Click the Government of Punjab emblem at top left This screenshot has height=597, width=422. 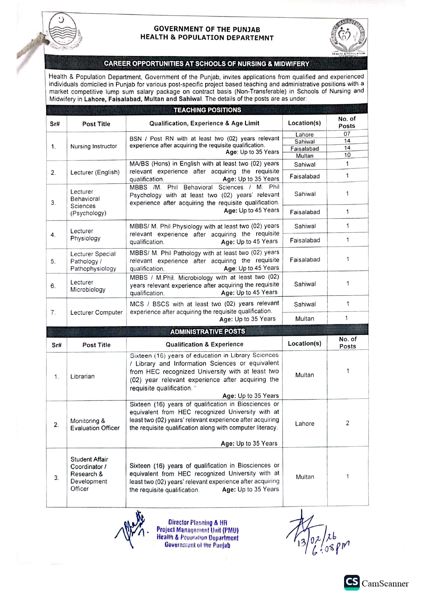click(64, 32)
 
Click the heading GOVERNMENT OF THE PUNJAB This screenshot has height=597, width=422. click(207, 29)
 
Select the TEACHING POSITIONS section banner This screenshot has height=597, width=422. click(207, 110)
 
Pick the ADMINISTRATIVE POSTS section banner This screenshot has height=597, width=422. click(207, 331)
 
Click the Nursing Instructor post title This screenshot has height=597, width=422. click(94, 146)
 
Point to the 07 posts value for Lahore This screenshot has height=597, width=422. click(347, 134)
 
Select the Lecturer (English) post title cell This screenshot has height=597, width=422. click(95, 172)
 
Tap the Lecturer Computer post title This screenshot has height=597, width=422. click(96, 312)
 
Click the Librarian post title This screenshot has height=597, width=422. click(82, 376)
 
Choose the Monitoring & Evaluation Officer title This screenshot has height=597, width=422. click(95, 424)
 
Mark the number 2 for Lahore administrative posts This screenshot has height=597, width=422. click(347, 423)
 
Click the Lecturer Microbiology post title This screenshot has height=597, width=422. click(88, 286)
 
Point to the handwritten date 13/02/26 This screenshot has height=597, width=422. click(316, 539)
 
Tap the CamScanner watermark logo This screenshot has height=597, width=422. click(376, 583)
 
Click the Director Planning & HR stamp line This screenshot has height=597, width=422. click(198, 523)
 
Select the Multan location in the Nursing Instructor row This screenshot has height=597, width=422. click(305, 156)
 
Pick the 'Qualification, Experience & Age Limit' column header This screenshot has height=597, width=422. click(204, 123)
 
